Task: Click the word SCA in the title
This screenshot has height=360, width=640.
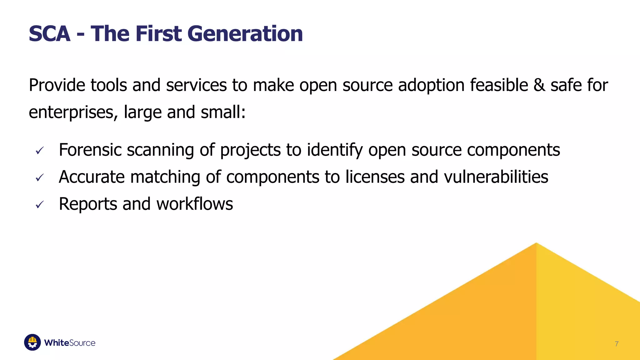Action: click(49, 34)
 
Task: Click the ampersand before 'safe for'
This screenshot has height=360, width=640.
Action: click(539, 85)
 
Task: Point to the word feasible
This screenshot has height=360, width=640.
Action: click(499, 85)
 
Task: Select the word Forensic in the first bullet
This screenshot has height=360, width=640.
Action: click(90, 150)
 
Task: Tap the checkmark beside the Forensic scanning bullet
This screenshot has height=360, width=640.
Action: click(39, 151)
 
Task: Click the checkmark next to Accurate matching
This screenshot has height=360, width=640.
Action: click(39, 178)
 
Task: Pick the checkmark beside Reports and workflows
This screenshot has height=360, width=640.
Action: click(39, 205)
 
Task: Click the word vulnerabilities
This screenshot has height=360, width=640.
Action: click(496, 177)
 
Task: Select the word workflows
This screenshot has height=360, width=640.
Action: click(194, 204)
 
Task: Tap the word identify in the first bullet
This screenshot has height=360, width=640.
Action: click(335, 150)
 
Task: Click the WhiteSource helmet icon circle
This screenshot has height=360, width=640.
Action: click(32, 342)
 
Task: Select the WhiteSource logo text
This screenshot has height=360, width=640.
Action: click(70, 343)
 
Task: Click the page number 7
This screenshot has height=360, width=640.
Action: click(617, 344)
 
